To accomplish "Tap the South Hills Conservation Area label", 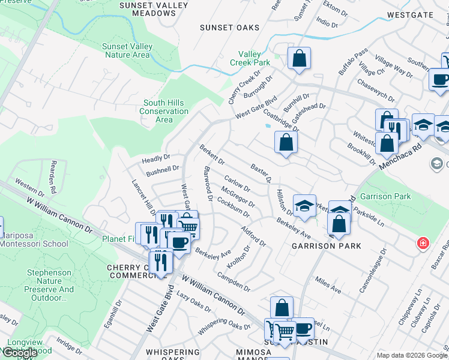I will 164,111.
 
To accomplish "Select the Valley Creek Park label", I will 250,58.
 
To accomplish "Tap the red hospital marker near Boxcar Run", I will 423,243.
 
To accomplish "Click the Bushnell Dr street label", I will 163,169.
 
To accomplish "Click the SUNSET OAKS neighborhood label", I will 230,28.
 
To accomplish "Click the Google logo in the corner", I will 20,353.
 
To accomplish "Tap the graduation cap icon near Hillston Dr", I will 304,205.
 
